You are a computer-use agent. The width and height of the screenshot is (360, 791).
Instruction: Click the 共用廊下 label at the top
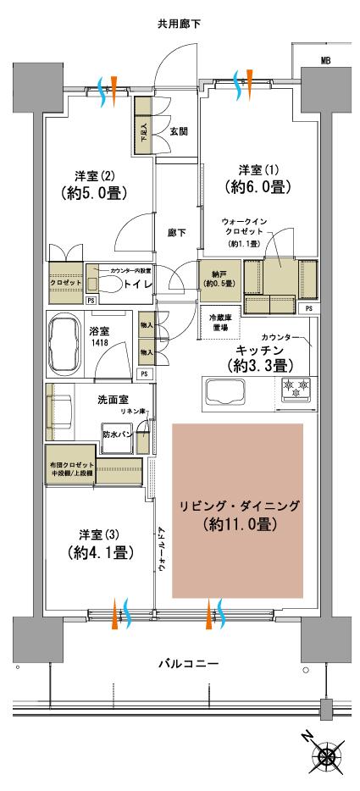tap(180, 25)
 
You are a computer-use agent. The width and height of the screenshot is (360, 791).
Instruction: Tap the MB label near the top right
tap(324, 60)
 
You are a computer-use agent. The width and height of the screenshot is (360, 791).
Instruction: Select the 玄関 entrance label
tap(178, 131)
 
